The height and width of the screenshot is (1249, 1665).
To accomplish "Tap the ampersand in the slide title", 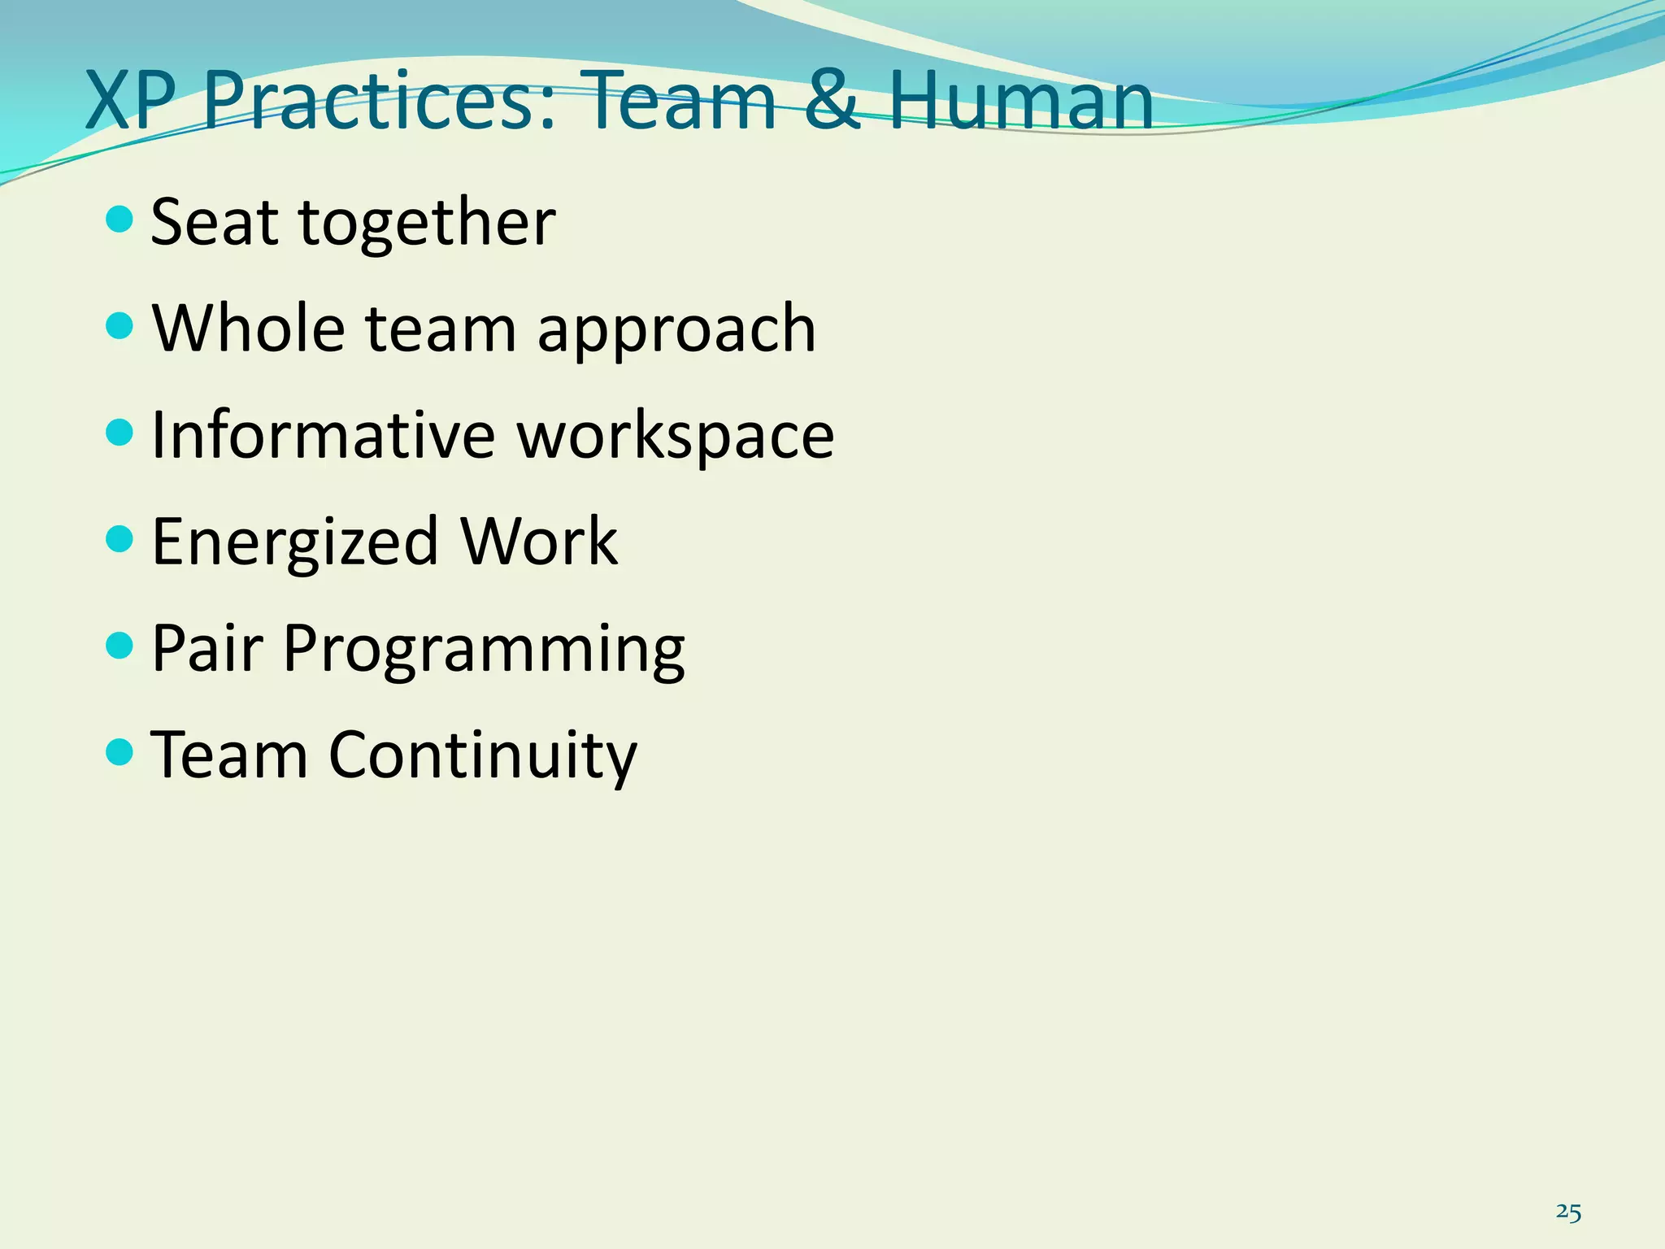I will [x=832, y=102].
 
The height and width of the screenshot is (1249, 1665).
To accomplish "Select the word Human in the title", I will [x=1020, y=102].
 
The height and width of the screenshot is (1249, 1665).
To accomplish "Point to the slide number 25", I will [x=1568, y=1212].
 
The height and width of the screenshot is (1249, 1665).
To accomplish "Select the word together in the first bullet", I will [x=428, y=224].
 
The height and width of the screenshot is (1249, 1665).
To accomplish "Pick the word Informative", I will [x=323, y=435].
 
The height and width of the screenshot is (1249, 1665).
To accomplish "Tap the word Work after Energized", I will [x=539, y=542].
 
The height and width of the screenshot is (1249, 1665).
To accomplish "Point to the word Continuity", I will [x=483, y=756].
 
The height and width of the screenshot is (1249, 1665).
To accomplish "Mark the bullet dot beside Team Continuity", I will [x=120, y=752].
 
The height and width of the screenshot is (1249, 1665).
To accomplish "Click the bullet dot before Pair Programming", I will [x=120, y=646].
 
